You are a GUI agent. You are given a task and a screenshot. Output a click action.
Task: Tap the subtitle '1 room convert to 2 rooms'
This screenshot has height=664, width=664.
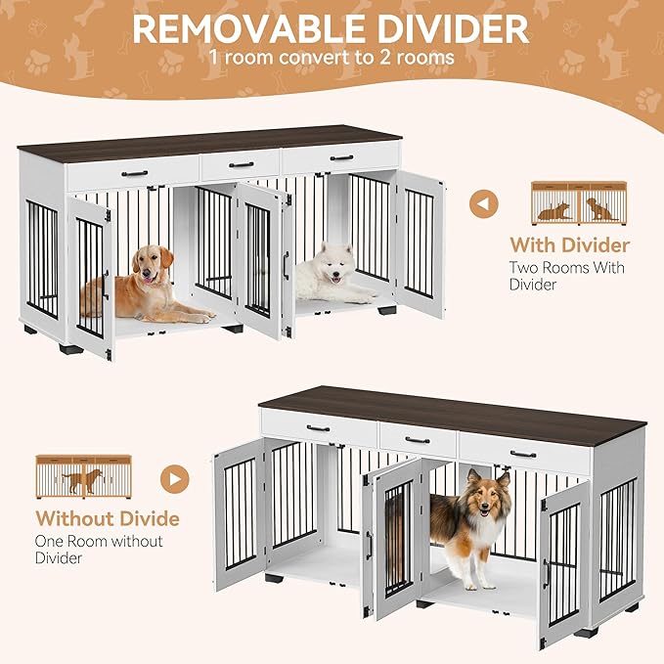pos(332,57)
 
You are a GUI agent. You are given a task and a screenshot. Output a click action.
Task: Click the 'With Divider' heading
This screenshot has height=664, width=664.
pos(570,244)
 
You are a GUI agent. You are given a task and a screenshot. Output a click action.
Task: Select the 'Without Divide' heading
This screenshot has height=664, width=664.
pos(108,518)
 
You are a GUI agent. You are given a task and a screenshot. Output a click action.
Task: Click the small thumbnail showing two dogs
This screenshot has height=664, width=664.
pos(577,202)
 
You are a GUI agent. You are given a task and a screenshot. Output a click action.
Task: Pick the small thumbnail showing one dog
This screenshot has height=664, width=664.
pos(82,476)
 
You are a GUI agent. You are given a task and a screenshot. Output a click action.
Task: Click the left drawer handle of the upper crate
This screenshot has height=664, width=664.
pos(134,174)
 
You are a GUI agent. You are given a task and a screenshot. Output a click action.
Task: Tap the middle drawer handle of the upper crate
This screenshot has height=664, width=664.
pos(241,164)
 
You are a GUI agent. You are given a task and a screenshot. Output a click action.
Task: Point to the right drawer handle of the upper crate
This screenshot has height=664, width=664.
pos(341,156)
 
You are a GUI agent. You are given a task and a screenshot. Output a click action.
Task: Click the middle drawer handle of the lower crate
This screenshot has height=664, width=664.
pos(418,440)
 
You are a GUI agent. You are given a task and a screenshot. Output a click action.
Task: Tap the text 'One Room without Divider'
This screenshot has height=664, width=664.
pos(99,550)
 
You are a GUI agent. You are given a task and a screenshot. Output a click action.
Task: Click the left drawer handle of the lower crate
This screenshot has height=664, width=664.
pos(319,427)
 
